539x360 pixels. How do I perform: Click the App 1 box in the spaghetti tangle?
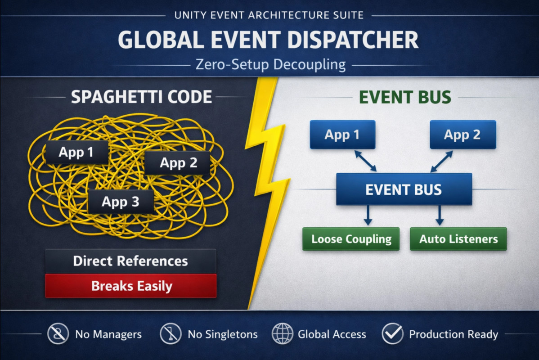pos(76,153)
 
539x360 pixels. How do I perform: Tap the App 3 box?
pos(121,202)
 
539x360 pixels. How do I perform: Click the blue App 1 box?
pos(342,135)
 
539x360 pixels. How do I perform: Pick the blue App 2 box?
pos(463,135)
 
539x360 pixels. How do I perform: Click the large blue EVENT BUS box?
pos(404,189)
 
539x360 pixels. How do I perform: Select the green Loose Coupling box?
pos(351,239)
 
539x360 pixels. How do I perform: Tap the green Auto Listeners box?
pos(458,239)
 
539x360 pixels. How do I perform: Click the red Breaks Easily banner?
pos(131,286)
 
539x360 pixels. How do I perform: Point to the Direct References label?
pos(130,261)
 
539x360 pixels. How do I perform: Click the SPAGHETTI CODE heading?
pos(141,97)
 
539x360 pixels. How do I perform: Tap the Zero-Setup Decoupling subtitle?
pos(270,64)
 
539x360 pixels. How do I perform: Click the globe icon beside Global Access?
pos(283,334)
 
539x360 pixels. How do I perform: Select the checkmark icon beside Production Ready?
pos(392,334)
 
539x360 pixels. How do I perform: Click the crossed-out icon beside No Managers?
pos(58,334)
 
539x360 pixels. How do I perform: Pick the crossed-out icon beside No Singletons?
pos(171,334)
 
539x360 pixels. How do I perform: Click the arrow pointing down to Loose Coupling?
pos(368,216)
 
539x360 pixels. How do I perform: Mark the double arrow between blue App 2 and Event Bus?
pos(441,161)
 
